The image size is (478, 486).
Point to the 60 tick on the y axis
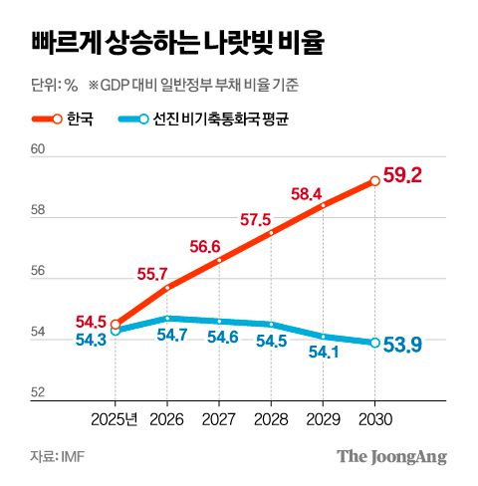[x=40, y=149]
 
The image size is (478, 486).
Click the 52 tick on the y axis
[x=40, y=393]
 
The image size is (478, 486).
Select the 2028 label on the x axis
[x=271, y=419]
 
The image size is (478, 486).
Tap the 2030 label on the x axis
[x=374, y=419]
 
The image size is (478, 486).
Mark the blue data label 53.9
[x=403, y=345]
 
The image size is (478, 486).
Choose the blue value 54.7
[x=174, y=335]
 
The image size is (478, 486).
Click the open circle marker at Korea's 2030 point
[x=374, y=180]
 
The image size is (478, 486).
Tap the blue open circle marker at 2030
[x=374, y=343]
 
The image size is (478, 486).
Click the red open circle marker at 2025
[x=116, y=324]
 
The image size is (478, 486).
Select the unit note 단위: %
[x=54, y=85]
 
